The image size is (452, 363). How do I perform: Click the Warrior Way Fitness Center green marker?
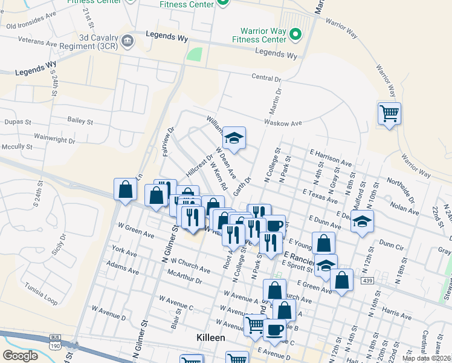[296, 34]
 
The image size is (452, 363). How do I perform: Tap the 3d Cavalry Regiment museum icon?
[128, 41]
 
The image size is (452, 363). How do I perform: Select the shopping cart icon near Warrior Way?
[389, 113]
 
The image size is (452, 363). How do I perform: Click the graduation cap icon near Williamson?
[233, 137]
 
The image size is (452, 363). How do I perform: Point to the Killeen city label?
[210, 338]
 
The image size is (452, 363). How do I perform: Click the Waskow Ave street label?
[283, 123]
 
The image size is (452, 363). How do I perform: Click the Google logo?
[20, 356]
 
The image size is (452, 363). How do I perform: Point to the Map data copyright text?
[425, 358]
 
